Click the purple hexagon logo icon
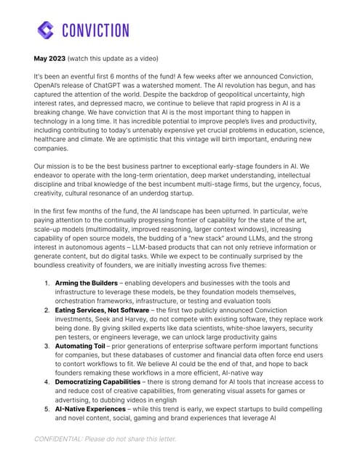tap(46, 30)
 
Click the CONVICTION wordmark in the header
tap(95, 31)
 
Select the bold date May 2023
tap(49, 57)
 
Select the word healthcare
tap(56, 139)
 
